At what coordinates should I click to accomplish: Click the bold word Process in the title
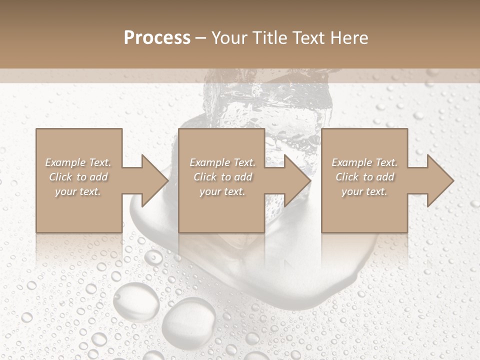pos(157,38)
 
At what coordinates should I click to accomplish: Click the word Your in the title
pos(229,38)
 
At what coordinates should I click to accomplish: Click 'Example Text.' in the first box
pos(78,162)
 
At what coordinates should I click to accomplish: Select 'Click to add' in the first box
pos(78,177)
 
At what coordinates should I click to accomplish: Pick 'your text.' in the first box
pos(78,191)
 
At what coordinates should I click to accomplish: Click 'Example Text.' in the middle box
pos(222,162)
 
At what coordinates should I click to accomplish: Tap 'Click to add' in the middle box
pos(222,177)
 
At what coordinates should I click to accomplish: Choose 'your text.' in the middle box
pos(222,191)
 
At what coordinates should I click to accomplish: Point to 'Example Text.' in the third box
pos(364,162)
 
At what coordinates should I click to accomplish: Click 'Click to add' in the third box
pos(364,177)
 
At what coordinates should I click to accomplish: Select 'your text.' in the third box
pos(364,191)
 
